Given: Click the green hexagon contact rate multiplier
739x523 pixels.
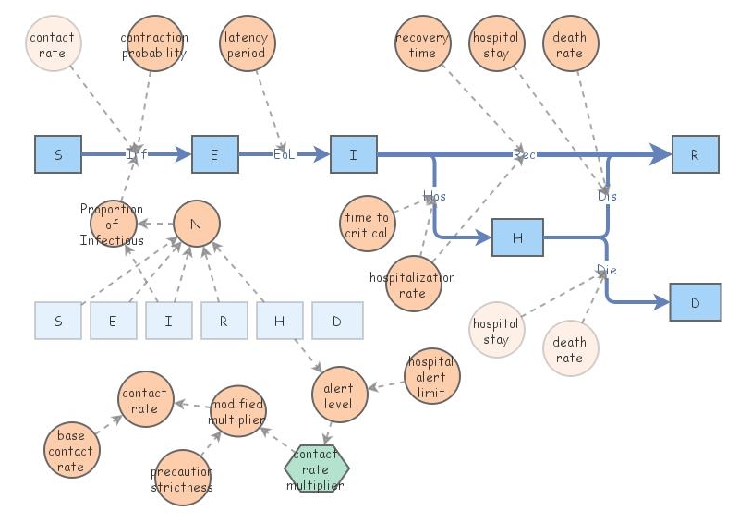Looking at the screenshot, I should click(316, 469).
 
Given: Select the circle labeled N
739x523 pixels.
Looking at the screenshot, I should click(196, 224).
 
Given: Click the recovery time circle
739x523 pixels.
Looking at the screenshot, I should click(422, 44).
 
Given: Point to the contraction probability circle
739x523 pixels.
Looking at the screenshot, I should click(154, 44).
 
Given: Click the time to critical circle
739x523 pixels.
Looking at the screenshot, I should click(367, 225).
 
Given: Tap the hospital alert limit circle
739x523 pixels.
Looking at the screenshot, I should click(431, 377).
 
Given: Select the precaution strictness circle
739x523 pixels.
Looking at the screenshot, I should click(182, 478).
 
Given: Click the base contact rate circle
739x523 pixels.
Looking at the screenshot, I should click(71, 451).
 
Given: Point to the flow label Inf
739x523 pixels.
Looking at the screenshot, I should click(137, 154).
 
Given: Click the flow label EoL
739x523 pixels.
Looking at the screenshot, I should click(284, 154).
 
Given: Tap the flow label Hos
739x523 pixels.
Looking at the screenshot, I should click(433, 196).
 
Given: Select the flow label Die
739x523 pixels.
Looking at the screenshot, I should click(606, 270).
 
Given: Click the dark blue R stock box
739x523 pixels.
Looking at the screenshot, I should click(695, 154).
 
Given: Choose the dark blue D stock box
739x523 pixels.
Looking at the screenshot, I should click(695, 302).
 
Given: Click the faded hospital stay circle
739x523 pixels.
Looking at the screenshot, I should click(496, 331).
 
